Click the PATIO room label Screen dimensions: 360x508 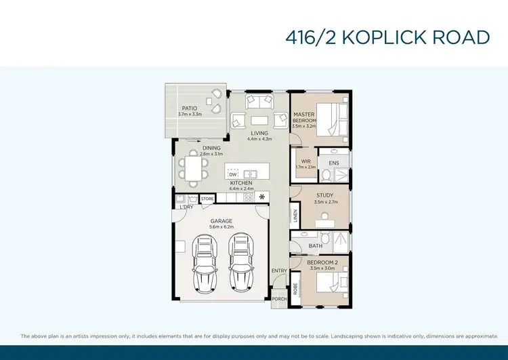pyautogui.click(x=189, y=108)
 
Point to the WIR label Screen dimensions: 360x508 pyautogui.click(x=306, y=161)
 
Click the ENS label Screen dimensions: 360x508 pyautogui.click(x=333, y=163)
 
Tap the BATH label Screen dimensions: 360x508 pyautogui.click(x=316, y=245)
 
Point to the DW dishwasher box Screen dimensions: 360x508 pyautogui.click(x=232, y=174)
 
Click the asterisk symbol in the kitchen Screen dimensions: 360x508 pyautogui.click(x=261, y=197)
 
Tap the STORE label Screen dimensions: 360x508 pyautogui.click(x=207, y=199)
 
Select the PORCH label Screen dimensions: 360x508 pyautogui.click(x=279, y=298)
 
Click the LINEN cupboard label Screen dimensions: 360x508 pyautogui.click(x=296, y=216)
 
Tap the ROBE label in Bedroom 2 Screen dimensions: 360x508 pyautogui.click(x=296, y=287)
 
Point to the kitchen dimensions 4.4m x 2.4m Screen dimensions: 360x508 pyautogui.click(x=242, y=189)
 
